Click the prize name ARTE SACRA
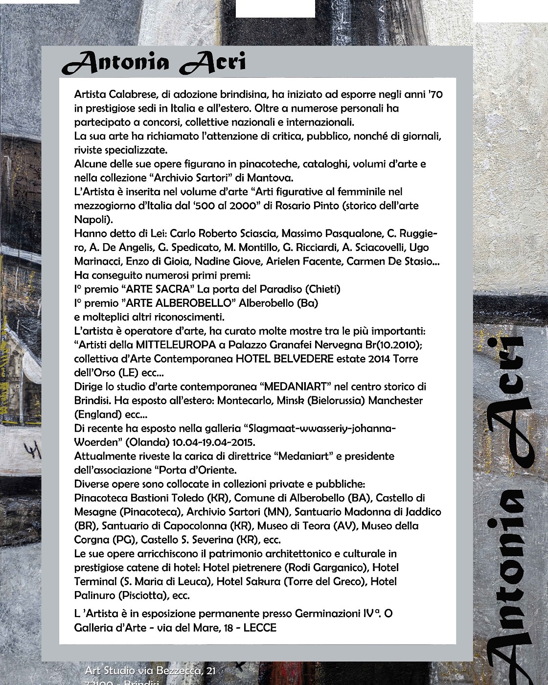click(158, 289)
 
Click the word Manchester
click(395, 400)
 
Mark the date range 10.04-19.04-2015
click(213, 442)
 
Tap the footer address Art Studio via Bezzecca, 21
click(150, 671)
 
